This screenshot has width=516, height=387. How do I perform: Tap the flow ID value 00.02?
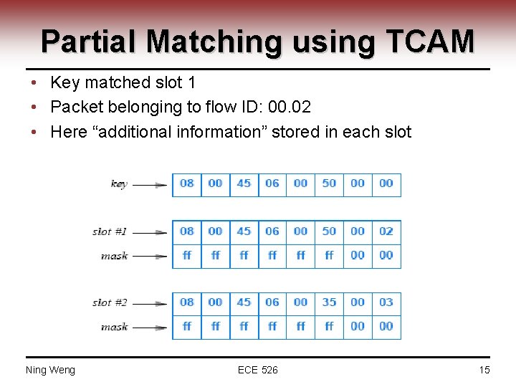pos(289,107)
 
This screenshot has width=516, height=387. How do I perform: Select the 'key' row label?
pos(119,184)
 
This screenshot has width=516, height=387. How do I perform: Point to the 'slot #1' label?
pos(110,231)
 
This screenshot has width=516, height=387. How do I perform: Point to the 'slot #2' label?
pos(110,302)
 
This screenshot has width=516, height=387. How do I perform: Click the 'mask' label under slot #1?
pos(114,256)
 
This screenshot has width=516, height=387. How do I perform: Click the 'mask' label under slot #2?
pos(114,327)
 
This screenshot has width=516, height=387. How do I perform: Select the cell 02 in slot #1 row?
pos(386,231)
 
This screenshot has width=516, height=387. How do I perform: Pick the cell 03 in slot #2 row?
pos(386,302)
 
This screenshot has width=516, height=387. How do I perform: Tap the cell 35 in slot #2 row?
pos(329,302)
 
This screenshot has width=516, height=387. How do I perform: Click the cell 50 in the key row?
pos(329,183)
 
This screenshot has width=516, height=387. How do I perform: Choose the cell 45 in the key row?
pos(244,183)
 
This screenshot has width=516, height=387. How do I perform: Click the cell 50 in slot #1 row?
pos(329,231)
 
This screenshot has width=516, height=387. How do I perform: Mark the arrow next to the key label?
pos(150,184)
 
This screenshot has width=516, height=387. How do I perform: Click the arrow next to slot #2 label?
pos(150,303)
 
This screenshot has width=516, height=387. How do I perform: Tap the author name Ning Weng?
pos(50,370)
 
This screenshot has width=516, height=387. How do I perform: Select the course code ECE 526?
pos(258,370)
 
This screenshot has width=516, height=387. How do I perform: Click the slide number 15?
pos(484,370)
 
